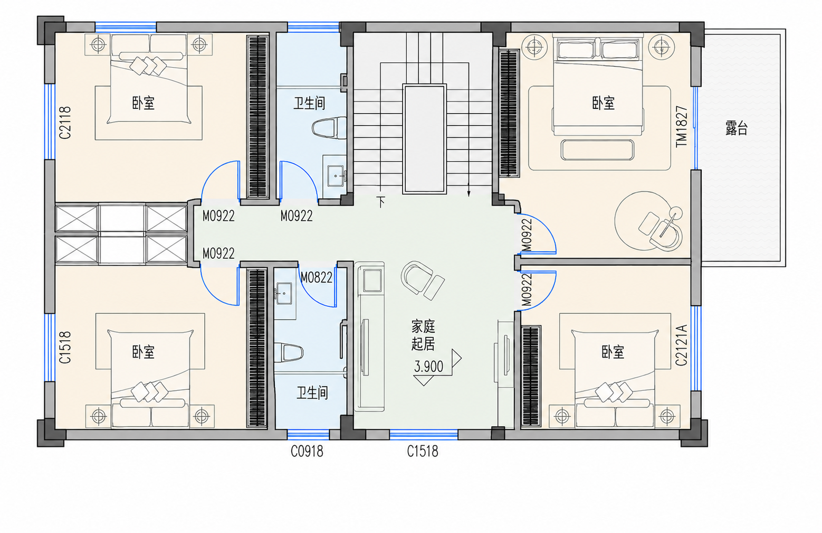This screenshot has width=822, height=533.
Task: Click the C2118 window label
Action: [x=65, y=123]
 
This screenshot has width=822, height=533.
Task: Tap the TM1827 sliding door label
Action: [x=682, y=126]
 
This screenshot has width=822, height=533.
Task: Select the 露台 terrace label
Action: [x=736, y=128]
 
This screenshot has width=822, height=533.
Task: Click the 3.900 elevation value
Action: [x=428, y=366]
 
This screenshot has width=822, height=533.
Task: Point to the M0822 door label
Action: [x=317, y=277]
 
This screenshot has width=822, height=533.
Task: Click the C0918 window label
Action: [x=307, y=452]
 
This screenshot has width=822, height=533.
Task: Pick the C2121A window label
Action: [x=681, y=345]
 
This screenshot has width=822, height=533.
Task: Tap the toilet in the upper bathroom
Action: [x=329, y=128]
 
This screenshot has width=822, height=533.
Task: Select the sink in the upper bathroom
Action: [x=336, y=176]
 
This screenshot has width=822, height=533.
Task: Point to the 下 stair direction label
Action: [x=381, y=202]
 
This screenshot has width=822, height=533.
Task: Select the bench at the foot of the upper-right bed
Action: [x=597, y=150]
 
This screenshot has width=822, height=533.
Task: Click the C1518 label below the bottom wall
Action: [x=423, y=452]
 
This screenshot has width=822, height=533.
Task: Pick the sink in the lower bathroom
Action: [x=284, y=294]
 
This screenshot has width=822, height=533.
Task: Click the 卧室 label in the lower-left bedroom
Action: [x=143, y=352]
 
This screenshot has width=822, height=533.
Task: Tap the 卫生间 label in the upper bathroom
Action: [x=309, y=103]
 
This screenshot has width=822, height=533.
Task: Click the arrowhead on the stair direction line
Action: [x=469, y=193]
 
